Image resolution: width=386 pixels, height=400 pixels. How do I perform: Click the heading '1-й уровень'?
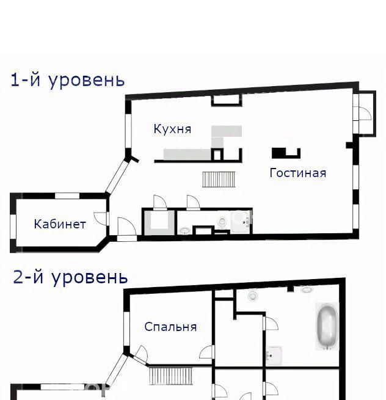(x=68, y=81)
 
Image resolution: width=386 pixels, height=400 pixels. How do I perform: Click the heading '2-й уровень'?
(x=70, y=277)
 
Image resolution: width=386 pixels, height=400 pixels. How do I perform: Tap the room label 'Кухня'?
(x=172, y=129)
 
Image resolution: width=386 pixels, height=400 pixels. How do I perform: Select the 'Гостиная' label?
(x=297, y=173)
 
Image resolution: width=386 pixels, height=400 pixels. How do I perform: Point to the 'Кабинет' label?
(x=60, y=224)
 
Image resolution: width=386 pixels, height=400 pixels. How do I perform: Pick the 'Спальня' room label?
(x=170, y=327)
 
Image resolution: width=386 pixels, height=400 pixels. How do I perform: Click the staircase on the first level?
(x=219, y=180)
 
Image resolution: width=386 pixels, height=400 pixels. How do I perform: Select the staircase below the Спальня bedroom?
(x=170, y=376)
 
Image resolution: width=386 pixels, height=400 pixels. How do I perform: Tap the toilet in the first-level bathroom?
(x=222, y=222)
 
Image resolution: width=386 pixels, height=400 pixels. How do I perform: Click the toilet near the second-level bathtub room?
(x=253, y=295)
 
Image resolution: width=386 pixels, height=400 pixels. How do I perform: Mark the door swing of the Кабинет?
(x=101, y=219)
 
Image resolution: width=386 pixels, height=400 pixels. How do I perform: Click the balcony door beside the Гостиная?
(x=365, y=113)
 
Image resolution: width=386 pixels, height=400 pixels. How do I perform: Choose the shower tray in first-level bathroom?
(x=241, y=222)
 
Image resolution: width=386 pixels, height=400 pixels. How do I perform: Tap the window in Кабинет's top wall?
(x=67, y=196)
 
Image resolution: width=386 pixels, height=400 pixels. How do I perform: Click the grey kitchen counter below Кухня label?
(x=188, y=155)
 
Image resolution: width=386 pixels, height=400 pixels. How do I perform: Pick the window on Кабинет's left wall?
(x=13, y=227)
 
